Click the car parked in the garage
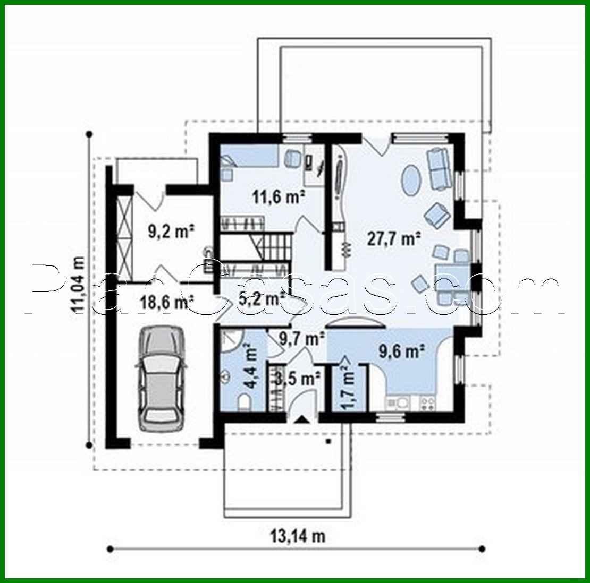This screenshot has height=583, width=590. click(161, 378)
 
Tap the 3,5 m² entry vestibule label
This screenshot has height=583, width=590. click(298, 379)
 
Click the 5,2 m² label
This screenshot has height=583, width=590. click(258, 299)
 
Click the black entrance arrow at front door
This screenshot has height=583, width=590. click(301, 419)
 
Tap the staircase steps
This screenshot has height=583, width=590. click(276, 247)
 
